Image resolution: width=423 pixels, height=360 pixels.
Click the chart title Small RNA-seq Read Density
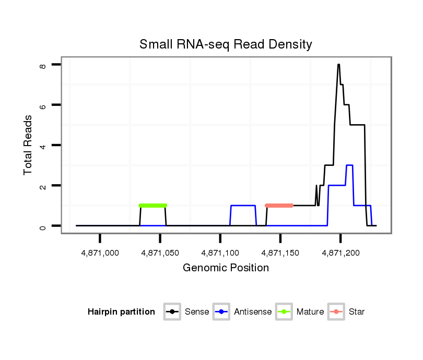coord(226,44)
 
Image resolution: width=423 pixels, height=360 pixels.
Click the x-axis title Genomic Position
coord(226,268)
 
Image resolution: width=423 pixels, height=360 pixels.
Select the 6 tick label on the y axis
coord(43,105)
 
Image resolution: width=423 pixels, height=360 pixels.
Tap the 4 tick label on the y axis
coord(43,145)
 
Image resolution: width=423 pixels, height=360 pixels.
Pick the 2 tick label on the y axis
coord(43,186)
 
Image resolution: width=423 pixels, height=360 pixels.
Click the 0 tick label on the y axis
coord(43,226)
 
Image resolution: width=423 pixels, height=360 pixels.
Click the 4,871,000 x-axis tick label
coord(100,253)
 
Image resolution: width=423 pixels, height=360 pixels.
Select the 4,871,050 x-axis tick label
coord(160,253)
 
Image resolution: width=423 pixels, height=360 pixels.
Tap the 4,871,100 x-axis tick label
coord(220,253)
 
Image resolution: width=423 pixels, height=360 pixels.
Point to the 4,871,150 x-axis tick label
coord(280,253)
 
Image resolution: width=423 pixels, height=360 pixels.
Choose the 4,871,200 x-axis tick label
coord(340,253)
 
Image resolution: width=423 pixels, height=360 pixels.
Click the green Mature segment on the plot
coord(153,206)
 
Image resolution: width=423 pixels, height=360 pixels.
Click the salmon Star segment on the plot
coord(279,206)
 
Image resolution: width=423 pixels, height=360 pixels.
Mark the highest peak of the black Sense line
coord(338,65)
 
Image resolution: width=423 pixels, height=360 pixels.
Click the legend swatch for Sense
coord(172,312)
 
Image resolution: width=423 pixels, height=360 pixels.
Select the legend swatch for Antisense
coord(221,312)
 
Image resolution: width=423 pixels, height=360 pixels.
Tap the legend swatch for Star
coord(336,312)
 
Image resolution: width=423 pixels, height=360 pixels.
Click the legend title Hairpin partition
coord(121,312)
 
